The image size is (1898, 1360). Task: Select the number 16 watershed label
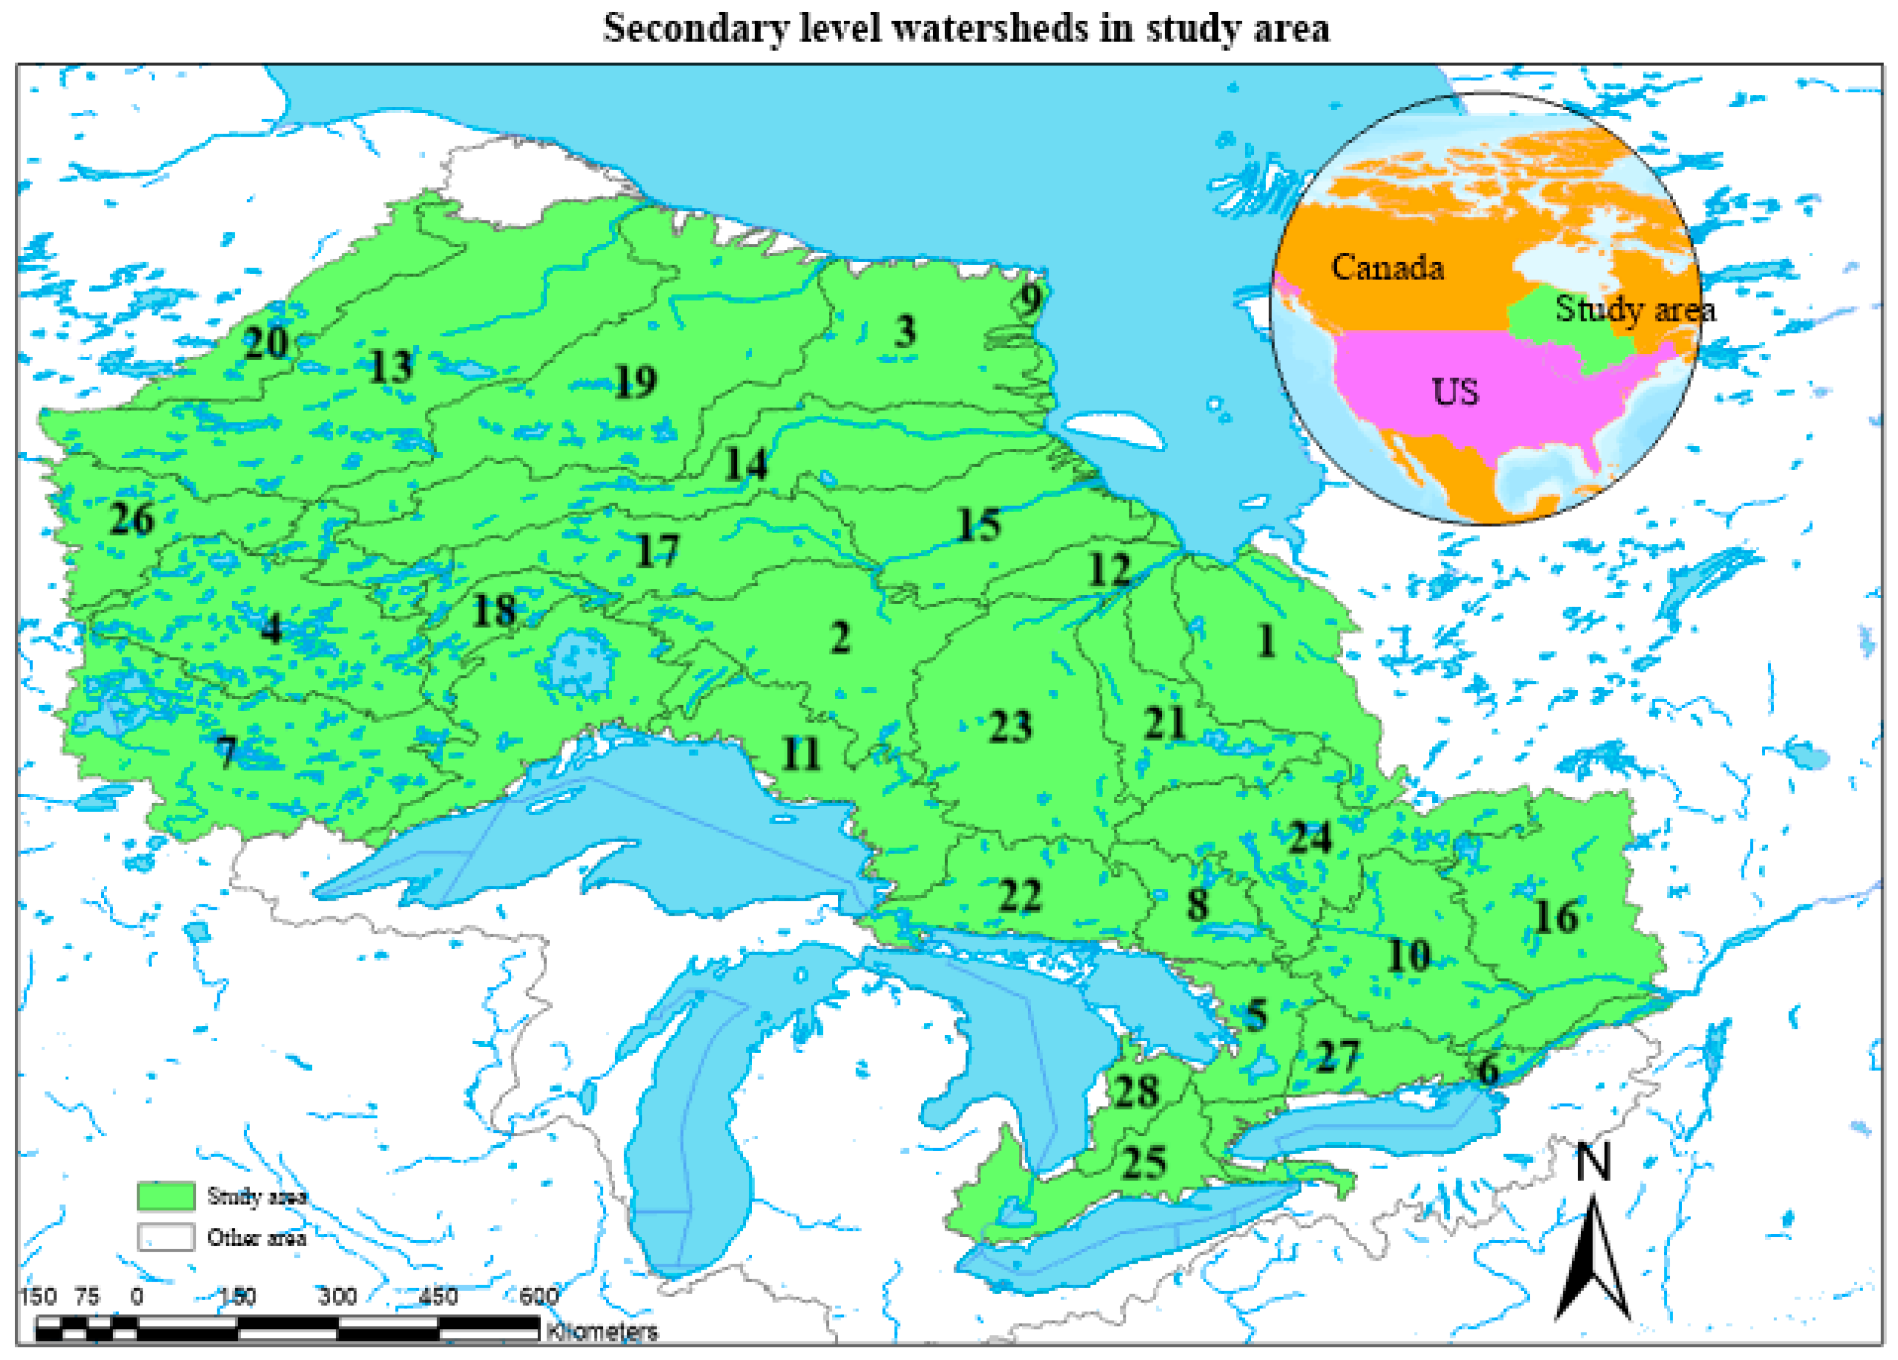coord(1555,918)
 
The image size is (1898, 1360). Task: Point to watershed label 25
coord(1144,1163)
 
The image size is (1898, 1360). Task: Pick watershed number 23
coord(1010,727)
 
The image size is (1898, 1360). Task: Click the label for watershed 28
coord(1137,1091)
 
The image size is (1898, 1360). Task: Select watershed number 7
coord(226,751)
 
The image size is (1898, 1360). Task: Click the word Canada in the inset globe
coord(1388,267)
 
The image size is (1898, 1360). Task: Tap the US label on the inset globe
coord(1456,392)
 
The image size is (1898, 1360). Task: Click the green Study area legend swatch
coord(166,1196)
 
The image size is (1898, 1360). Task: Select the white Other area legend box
coord(166,1237)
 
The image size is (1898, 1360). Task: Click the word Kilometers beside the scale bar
coord(602,1331)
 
